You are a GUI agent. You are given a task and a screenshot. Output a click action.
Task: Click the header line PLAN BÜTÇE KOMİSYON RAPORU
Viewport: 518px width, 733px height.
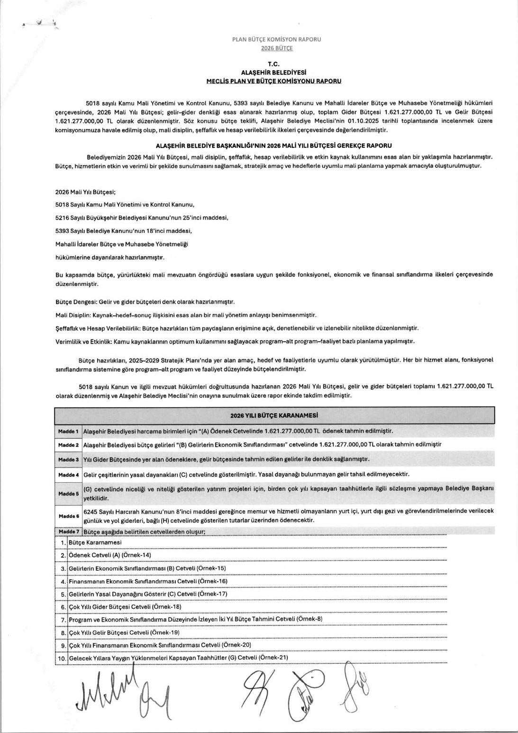(276, 39)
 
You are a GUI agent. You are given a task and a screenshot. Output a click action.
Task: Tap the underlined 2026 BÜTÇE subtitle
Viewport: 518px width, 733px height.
(277, 48)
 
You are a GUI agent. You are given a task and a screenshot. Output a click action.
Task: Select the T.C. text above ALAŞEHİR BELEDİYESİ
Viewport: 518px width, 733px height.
(274, 64)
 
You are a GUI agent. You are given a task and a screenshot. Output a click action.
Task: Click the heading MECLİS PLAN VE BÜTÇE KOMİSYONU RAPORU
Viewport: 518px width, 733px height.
(274, 81)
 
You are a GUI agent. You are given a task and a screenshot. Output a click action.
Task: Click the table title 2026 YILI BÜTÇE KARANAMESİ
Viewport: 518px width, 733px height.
(274, 415)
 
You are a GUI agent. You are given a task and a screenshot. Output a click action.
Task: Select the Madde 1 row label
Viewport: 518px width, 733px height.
(68, 431)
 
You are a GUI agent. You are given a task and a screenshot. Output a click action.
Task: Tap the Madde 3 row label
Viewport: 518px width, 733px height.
(68, 459)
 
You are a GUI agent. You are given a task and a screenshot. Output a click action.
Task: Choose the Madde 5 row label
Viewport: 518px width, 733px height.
(68, 494)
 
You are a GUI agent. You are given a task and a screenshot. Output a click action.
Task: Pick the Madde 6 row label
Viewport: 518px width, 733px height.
(68, 516)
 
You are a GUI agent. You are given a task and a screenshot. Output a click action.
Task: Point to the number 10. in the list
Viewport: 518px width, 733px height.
(62, 658)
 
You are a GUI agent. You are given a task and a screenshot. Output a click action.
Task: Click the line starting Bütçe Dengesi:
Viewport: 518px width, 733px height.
(145, 302)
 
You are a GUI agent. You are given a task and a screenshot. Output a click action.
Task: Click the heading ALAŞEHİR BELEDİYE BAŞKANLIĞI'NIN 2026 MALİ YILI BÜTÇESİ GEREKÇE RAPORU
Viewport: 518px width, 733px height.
(273, 146)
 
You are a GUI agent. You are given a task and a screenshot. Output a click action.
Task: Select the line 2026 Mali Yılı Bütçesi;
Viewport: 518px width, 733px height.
(85, 192)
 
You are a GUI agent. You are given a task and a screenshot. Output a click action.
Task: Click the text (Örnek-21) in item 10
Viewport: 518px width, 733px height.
(273, 658)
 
